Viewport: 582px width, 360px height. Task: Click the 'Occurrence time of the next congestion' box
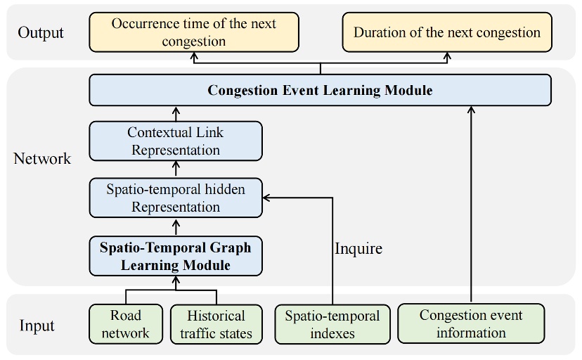point(194,32)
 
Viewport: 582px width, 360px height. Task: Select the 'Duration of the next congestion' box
point(446,32)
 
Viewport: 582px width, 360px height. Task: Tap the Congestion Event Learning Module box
point(320,91)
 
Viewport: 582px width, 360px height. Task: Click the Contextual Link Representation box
point(175,141)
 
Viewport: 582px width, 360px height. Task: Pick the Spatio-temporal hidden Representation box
point(176,198)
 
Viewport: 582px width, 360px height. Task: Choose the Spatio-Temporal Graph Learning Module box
point(175,256)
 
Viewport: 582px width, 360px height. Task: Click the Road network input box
point(125,324)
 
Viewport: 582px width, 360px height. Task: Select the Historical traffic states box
point(216,324)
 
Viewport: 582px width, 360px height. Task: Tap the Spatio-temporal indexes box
point(332,324)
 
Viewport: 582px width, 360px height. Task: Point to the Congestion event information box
point(471,323)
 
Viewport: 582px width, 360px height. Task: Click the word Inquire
point(358,248)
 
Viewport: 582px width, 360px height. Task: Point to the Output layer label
point(41,32)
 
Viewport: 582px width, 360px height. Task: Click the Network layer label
point(42,159)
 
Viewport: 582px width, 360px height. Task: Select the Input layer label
point(37,326)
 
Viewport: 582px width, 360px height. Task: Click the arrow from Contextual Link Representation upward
point(176,114)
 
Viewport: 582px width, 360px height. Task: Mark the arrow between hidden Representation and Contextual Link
point(176,169)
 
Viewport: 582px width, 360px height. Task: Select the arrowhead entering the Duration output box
point(447,56)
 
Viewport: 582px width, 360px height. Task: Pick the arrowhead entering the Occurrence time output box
point(194,56)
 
